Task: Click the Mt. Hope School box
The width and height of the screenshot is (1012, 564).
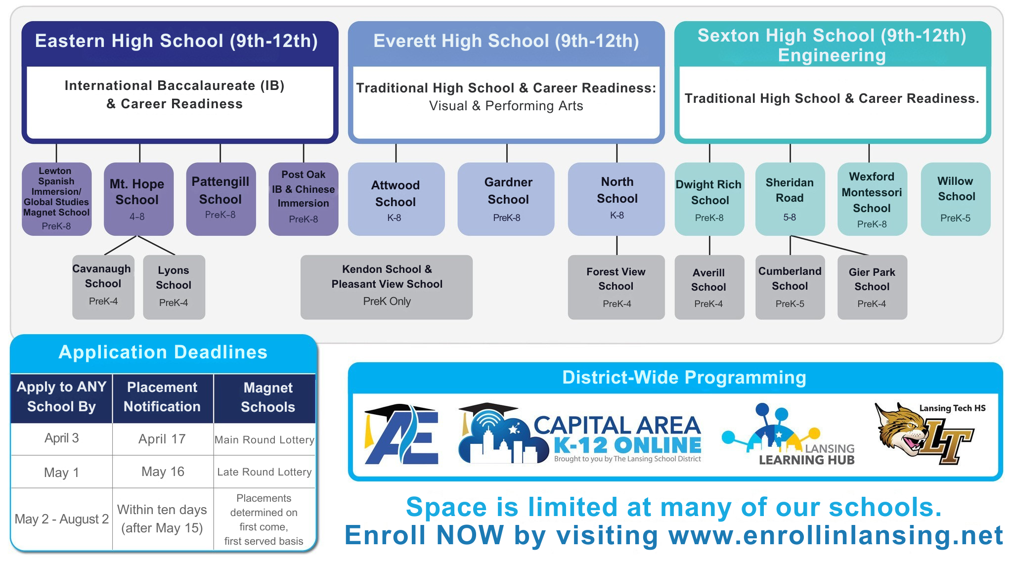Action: pyautogui.click(x=138, y=199)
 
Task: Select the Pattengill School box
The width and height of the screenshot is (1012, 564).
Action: pyautogui.click(x=220, y=199)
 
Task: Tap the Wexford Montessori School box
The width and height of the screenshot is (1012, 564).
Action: pyautogui.click(x=872, y=199)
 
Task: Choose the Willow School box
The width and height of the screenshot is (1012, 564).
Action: pyautogui.click(x=955, y=199)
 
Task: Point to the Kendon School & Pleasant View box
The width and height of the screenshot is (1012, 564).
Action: pyautogui.click(x=386, y=287)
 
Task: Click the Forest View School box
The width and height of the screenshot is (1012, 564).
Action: pyautogui.click(x=616, y=287)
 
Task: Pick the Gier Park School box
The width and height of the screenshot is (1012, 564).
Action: pyautogui.click(x=872, y=287)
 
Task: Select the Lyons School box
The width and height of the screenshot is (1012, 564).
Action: pyautogui.click(x=174, y=287)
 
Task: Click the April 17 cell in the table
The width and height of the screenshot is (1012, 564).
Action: pyautogui.click(x=162, y=439)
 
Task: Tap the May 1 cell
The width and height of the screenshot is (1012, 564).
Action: pyautogui.click(x=61, y=472)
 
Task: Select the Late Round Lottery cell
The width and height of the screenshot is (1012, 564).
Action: pyautogui.click(x=264, y=472)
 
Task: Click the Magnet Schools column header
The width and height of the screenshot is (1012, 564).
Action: pyautogui.click(x=267, y=397)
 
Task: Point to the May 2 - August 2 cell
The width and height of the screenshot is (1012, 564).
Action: pyautogui.click(x=61, y=519)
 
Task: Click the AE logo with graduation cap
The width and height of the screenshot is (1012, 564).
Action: pyautogui.click(x=401, y=435)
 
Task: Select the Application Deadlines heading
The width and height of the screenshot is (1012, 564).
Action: pyautogui.click(x=163, y=352)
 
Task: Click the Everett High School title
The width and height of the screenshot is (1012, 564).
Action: pyautogui.click(x=506, y=41)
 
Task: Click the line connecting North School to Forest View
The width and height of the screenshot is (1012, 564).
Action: pyautogui.click(x=617, y=245)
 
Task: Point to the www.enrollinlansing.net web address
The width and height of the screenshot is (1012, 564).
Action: pyautogui.click(x=836, y=535)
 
